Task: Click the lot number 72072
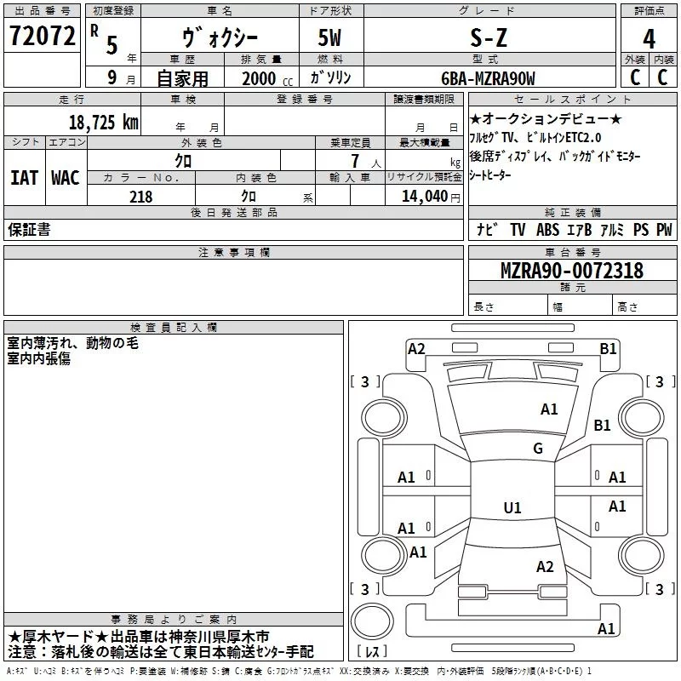pyautogui.click(x=42, y=36)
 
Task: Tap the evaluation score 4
pyautogui.click(x=649, y=39)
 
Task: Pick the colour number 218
pyautogui.click(x=140, y=197)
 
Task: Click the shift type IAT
pyautogui.click(x=24, y=178)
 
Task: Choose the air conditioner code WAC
pyautogui.click(x=65, y=178)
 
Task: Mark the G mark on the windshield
pyautogui.click(x=538, y=449)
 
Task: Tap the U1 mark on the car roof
pyautogui.click(x=512, y=508)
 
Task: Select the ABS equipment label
pyautogui.click(x=547, y=230)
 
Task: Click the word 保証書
pyautogui.click(x=29, y=230)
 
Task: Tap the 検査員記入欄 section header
pyautogui.click(x=175, y=327)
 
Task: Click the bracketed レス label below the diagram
pyautogui.click(x=372, y=653)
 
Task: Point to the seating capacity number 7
pyautogui.click(x=352, y=161)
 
